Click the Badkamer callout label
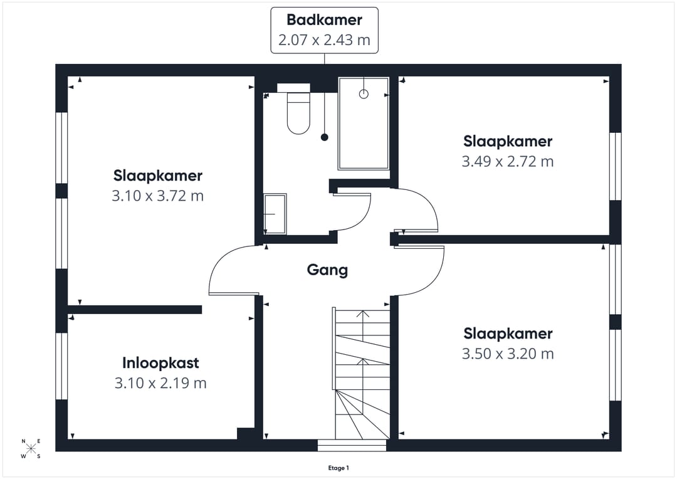tap(324, 19)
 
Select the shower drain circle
tap(364, 93)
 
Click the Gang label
tap(327, 270)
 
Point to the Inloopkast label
tap(160, 363)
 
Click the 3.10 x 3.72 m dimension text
tap(157, 196)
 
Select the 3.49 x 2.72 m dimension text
tap(508, 161)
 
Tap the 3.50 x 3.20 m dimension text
tap(508, 354)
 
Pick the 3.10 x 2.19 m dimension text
tap(160, 382)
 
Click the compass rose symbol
tap(31, 448)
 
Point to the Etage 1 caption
tap(338, 468)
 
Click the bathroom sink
tap(275, 214)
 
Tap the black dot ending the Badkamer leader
tap(324, 137)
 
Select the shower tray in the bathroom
tap(364, 124)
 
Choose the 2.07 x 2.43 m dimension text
tap(324, 39)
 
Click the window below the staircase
tap(352, 445)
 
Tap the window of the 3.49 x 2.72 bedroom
tap(616, 166)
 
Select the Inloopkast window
tap(61, 366)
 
